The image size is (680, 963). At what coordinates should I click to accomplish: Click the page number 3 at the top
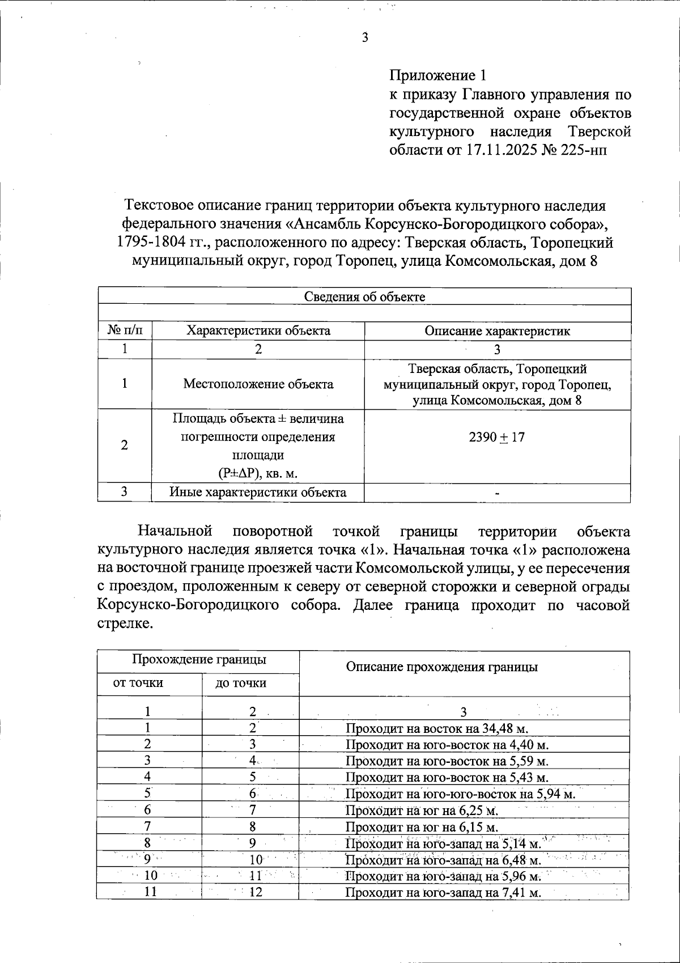pyautogui.click(x=364, y=38)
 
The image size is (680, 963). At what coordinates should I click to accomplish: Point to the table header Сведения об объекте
pyautogui.click(x=364, y=296)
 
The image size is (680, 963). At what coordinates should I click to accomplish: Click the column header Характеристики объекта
pyautogui.click(x=258, y=331)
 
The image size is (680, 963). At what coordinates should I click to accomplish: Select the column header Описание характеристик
pyautogui.click(x=497, y=331)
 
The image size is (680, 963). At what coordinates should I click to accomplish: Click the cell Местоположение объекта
pyautogui.click(x=258, y=384)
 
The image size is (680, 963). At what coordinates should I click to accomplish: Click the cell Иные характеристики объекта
pyautogui.click(x=258, y=492)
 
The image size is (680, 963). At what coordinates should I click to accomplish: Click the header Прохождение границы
pyautogui.click(x=199, y=660)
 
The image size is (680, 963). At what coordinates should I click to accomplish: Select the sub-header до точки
pyautogui.click(x=241, y=684)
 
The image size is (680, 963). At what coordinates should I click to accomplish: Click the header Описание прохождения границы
pyautogui.click(x=441, y=667)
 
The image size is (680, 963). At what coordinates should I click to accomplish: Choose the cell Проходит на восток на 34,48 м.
pyautogui.click(x=437, y=728)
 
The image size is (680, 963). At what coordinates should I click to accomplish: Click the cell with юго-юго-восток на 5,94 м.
pyautogui.click(x=460, y=794)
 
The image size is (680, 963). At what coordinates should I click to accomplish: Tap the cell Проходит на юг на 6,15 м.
pyautogui.click(x=422, y=827)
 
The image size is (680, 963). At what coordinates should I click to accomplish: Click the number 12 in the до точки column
pyautogui.click(x=256, y=892)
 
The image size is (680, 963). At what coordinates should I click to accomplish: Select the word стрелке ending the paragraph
pyautogui.click(x=125, y=624)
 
